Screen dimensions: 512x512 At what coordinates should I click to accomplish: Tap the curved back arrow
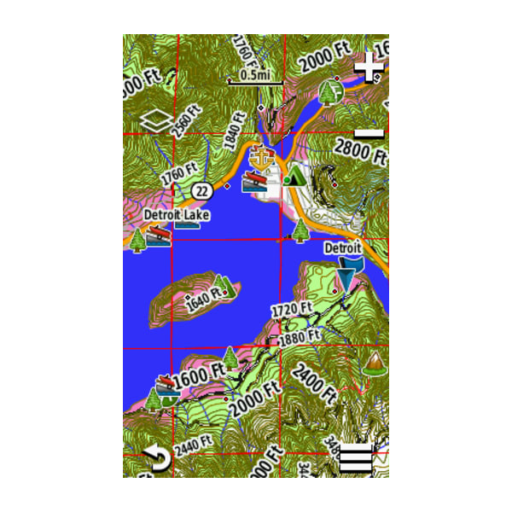[x=155, y=460]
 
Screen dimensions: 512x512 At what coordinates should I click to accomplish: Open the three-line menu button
[x=357, y=460]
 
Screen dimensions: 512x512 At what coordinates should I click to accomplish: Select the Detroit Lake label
[x=177, y=215]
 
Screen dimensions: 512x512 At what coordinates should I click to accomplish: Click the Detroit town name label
[x=343, y=248]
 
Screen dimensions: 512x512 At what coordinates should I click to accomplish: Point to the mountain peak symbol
[x=373, y=362]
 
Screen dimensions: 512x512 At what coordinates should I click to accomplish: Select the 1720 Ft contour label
[x=292, y=307]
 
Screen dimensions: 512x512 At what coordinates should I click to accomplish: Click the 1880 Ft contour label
[x=300, y=336]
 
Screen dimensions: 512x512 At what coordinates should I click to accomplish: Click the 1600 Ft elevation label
[x=198, y=374]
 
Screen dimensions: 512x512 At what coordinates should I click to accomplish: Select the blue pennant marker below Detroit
[x=347, y=275]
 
